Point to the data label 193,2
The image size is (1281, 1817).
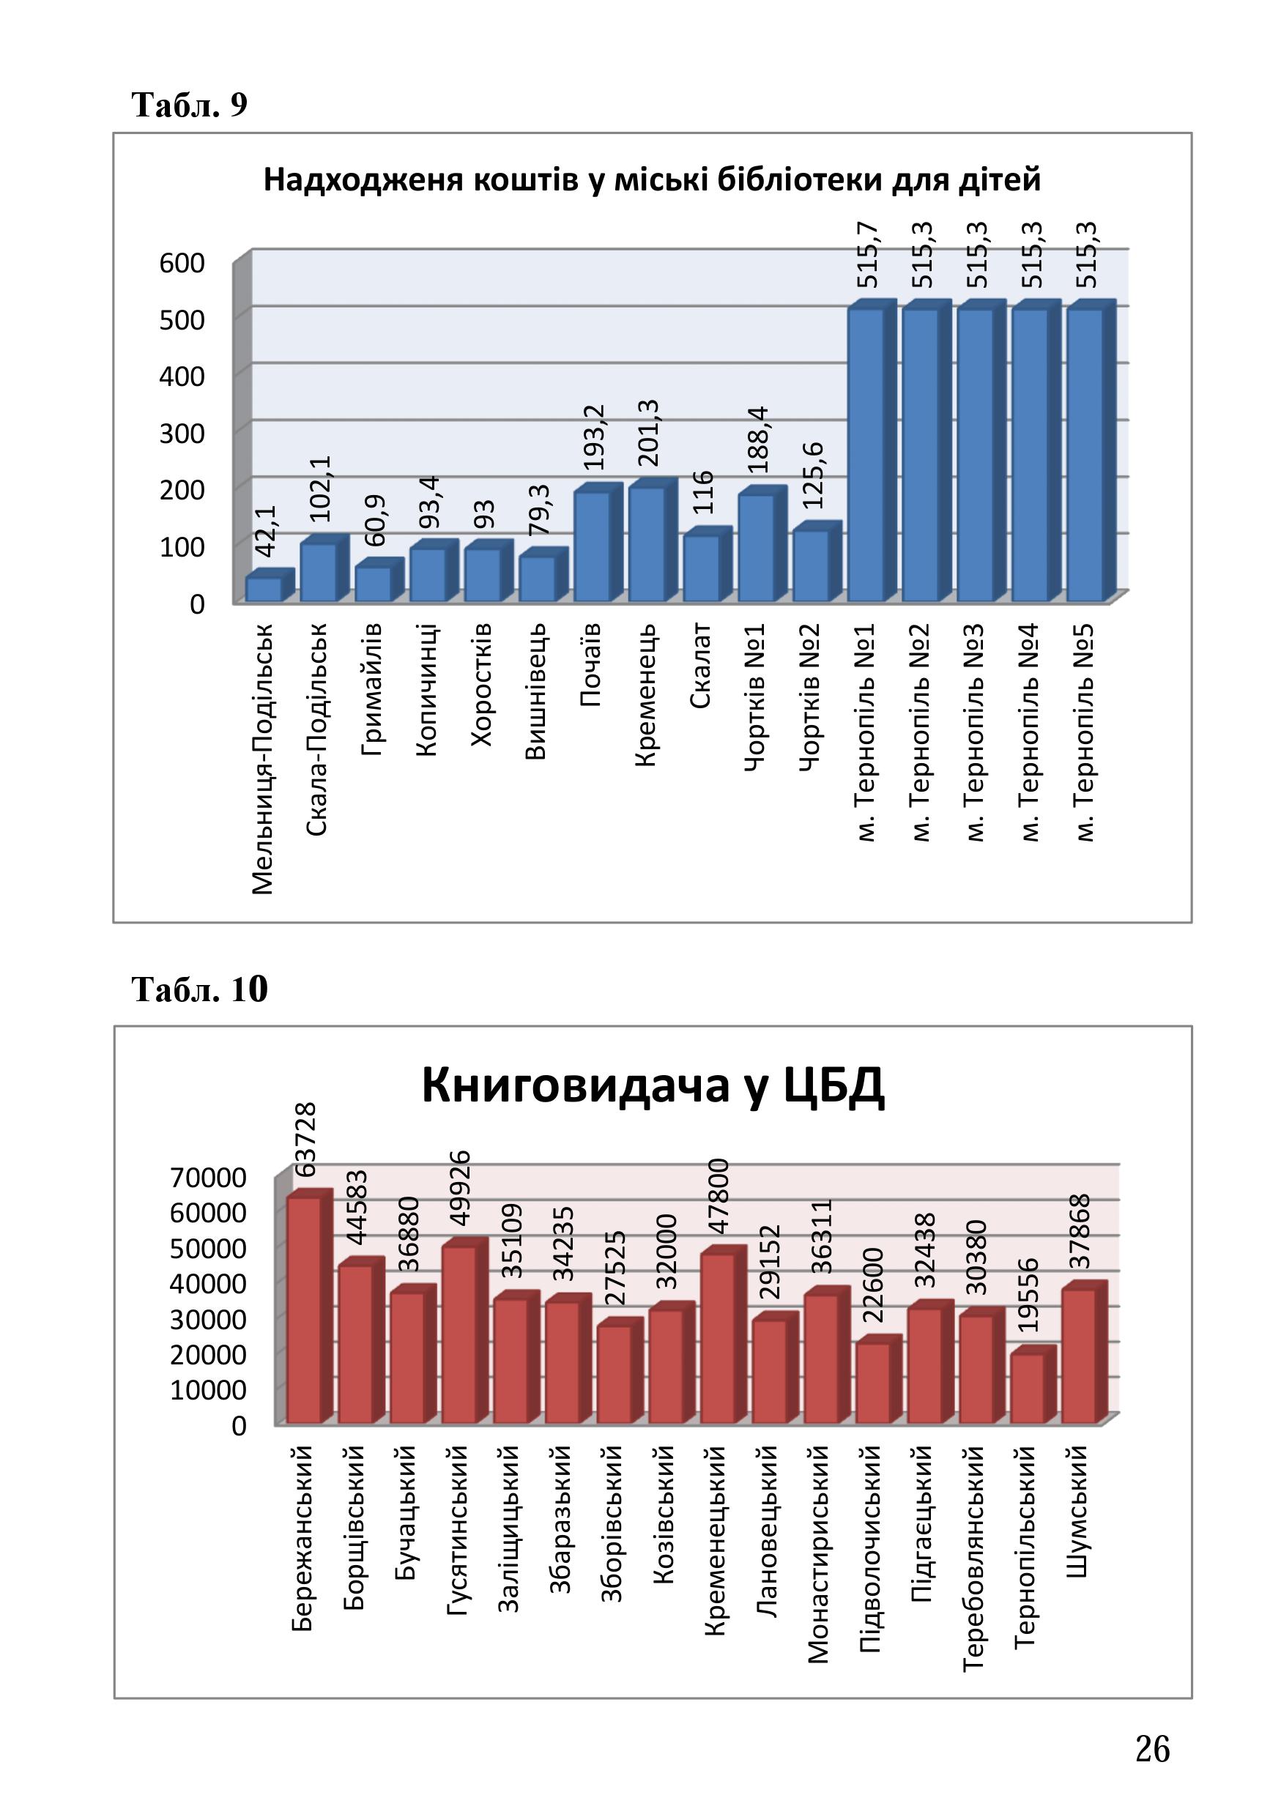[x=593, y=436]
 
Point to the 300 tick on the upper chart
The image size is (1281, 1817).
[x=182, y=434]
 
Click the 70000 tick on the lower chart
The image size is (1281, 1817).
[x=208, y=1178]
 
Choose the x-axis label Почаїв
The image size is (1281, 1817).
[x=591, y=665]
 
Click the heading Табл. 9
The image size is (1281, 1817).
[x=190, y=105]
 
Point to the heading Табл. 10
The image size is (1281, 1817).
[x=200, y=989]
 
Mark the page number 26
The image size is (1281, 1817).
[x=1152, y=1749]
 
